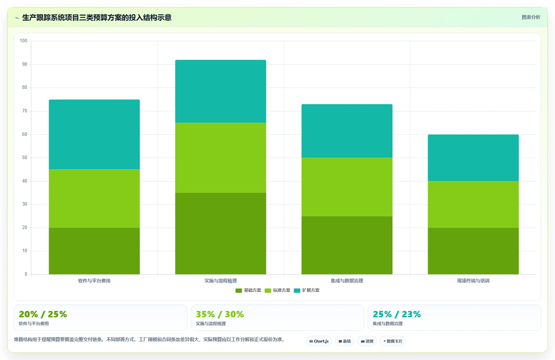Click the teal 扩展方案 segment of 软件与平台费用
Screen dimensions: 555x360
94,134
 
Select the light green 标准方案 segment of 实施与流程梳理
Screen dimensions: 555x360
220,158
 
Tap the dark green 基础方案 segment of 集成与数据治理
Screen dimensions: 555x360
347,245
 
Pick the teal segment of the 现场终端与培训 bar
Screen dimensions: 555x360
473,158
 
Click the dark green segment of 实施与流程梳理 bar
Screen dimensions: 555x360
220,234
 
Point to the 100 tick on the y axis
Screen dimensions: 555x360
23,41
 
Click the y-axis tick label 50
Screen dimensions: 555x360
25,158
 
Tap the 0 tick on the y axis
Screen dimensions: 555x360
26,274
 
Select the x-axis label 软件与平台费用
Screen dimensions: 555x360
94,281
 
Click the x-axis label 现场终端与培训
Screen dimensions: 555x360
473,281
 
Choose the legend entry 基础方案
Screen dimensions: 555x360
248,290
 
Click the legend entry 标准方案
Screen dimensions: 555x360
277,290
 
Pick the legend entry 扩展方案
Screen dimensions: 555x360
307,290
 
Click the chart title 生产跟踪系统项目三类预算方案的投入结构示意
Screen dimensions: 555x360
97,17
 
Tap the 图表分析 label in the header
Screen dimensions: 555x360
531,17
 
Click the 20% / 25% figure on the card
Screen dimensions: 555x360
43,314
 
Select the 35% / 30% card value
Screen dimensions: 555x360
220,314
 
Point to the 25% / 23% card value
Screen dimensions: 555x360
397,314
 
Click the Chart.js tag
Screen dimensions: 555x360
319,341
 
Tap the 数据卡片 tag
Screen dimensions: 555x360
393,341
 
